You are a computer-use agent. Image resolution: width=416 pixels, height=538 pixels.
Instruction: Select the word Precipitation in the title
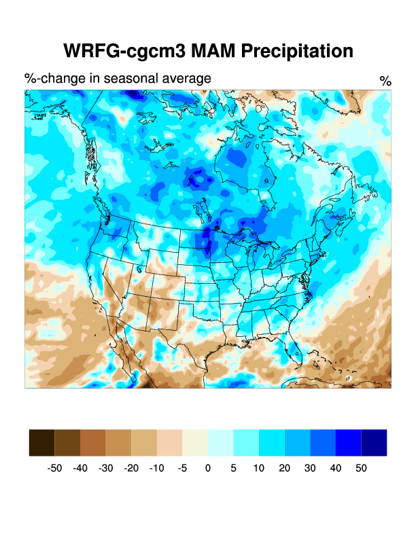coord(296,51)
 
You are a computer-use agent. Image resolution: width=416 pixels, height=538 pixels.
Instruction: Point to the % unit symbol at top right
coord(385,82)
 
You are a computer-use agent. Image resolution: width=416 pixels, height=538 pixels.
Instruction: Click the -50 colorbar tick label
coord(54,468)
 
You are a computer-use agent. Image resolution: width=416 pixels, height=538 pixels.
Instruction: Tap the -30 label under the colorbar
coord(106,468)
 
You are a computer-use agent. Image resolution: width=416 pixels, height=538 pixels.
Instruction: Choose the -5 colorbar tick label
coord(182,468)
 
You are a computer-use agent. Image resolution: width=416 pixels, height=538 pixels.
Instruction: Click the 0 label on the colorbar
coord(208,468)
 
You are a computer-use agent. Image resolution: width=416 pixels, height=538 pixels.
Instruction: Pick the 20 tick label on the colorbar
coord(285,468)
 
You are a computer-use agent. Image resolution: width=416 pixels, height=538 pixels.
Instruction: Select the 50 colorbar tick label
coord(361,468)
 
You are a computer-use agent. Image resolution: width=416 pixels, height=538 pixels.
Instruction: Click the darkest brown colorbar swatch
coord(42,442)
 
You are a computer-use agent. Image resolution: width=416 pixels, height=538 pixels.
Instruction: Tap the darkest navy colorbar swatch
coord(374,442)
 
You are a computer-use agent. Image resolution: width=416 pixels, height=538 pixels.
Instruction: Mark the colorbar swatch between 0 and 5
coord(221,442)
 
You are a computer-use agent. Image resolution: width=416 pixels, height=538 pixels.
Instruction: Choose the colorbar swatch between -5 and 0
coord(195,442)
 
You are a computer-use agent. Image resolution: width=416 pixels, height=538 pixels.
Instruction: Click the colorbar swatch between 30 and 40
coord(323,442)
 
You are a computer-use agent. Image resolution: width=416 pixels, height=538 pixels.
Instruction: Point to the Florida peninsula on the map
coord(293,350)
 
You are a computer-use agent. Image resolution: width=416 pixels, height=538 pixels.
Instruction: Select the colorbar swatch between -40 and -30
coord(93,442)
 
